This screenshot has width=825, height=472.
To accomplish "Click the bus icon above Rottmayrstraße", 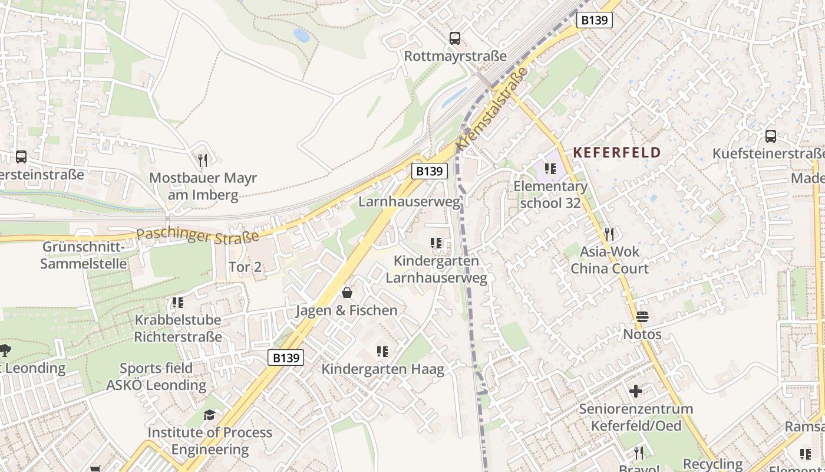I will pyautogui.click(x=454, y=38).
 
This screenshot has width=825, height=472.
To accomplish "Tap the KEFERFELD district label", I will pyautogui.click(x=617, y=152).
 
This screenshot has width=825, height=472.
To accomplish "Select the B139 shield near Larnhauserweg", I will pyautogui.click(x=429, y=171).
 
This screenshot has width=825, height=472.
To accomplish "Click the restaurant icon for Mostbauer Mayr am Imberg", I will pyautogui.click(x=203, y=160).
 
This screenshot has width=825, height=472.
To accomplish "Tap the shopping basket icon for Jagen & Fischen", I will pyautogui.click(x=347, y=293).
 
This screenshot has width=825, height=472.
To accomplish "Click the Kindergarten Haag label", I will pyautogui.click(x=382, y=369).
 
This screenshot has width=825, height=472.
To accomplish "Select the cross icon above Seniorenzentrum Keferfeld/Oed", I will pyautogui.click(x=635, y=391).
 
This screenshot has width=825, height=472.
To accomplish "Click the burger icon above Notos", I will pyautogui.click(x=642, y=317).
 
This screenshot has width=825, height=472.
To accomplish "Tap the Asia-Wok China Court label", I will pyautogui.click(x=609, y=260).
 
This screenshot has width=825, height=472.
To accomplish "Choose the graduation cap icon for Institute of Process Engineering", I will pyautogui.click(x=209, y=415).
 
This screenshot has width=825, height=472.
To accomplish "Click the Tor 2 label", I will pyautogui.click(x=245, y=267).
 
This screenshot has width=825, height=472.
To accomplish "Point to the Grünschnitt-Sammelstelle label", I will pyautogui.click(x=84, y=255).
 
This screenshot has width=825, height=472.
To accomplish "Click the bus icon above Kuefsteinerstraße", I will pyautogui.click(x=770, y=136).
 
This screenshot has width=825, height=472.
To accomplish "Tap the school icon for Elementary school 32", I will pyautogui.click(x=550, y=169).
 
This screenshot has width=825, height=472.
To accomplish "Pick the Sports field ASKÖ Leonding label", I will pyautogui.click(x=156, y=377).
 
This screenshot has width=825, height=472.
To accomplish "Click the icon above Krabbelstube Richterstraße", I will pyautogui.click(x=178, y=303).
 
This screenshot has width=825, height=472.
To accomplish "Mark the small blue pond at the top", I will pyautogui.click(x=301, y=35).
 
